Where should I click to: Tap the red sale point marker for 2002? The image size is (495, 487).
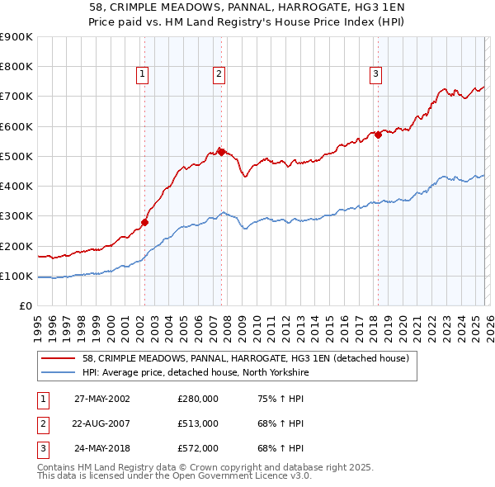coord(144,221)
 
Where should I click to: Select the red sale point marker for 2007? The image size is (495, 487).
coord(221,151)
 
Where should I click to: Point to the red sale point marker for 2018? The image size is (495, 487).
coord(378,135)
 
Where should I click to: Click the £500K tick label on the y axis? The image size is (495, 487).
coord(16,156)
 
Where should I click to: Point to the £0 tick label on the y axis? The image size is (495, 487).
coord(25,305)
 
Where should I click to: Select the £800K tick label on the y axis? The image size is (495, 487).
coord(16,67)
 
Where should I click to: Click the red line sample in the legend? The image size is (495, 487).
coord(59,359)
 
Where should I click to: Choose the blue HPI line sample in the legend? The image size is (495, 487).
coord(59,373)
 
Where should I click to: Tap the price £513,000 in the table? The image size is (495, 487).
coord(198,423)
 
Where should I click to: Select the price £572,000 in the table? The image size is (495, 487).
coord(198,448)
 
